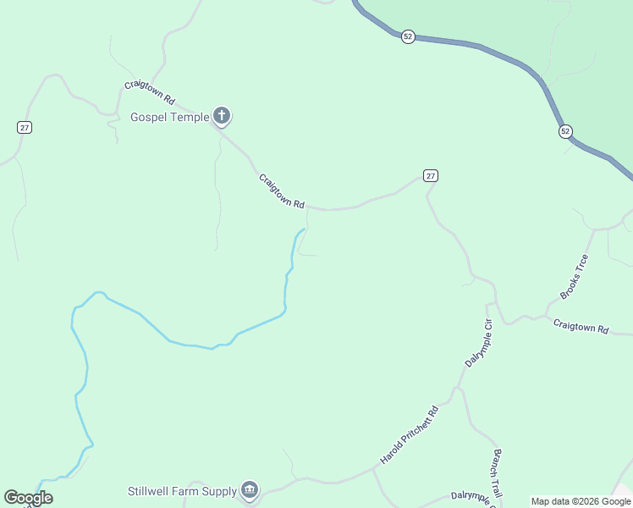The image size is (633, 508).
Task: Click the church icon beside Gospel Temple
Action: pos(222,116)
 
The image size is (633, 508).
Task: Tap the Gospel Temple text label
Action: pos(169,117)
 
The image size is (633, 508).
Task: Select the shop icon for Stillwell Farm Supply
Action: pos(250,489)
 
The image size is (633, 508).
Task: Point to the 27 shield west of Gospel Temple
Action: pos(25,127)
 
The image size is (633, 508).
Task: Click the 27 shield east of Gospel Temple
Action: pos(431,175)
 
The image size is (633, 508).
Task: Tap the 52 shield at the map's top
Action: pos(408,36)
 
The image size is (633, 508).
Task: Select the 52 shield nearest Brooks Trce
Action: pos(565,131)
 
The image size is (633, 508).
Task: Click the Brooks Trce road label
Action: pos(574,277)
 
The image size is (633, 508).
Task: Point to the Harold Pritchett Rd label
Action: pos(411,434)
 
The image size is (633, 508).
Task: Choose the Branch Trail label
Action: pos(498,473)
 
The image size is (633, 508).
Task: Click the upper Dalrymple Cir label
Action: pos(478,342)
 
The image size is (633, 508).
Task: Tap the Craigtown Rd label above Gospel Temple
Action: pos(149,91)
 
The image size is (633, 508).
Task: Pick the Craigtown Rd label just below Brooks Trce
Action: pos(581,327)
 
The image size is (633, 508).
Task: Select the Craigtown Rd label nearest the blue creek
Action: pos(281,190)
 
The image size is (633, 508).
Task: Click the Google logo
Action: pos(28,498)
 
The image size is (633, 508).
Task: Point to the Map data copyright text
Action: pos(581,501)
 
